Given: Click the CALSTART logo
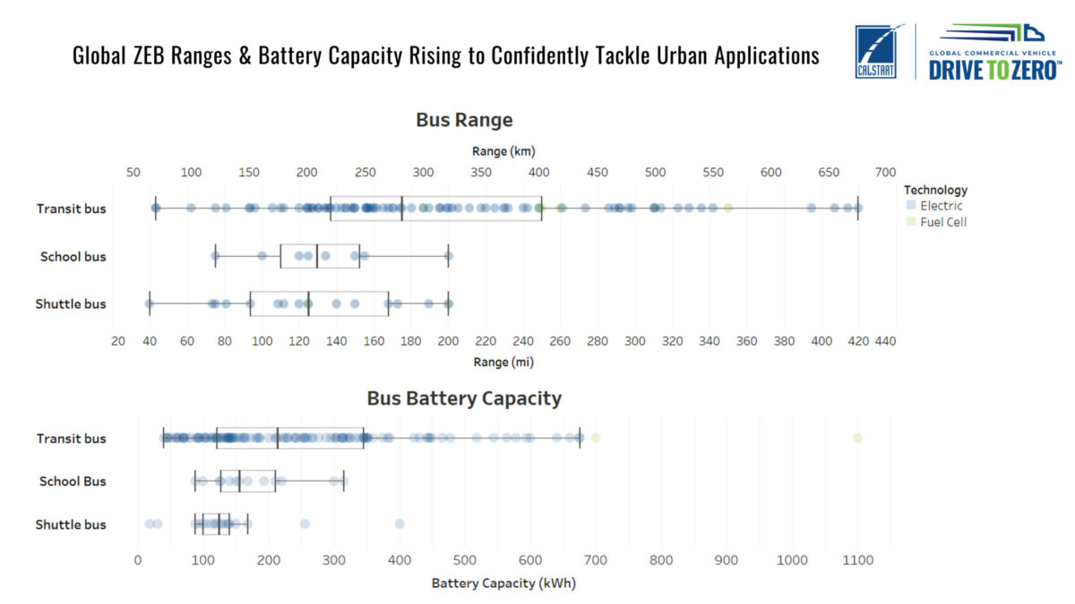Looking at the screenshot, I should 875,52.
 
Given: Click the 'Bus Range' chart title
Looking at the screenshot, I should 464,120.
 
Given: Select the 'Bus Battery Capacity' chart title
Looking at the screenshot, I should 464,398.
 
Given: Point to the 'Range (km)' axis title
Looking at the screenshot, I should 503,151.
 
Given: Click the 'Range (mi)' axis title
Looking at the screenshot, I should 504,362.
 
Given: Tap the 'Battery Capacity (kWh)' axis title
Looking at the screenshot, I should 503,583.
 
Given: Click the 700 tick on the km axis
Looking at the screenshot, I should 885,172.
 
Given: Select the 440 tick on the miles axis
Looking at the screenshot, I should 885,341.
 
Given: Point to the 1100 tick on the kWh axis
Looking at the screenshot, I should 858,560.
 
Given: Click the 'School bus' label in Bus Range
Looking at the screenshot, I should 73,257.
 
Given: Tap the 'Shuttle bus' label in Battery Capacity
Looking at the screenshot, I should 71,524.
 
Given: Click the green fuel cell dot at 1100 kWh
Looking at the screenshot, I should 858,438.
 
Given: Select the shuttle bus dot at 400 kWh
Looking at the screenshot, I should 400,523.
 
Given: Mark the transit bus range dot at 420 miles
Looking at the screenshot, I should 858,208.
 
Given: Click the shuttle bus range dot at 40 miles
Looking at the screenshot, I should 149,304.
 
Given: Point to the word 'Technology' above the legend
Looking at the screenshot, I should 935,190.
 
